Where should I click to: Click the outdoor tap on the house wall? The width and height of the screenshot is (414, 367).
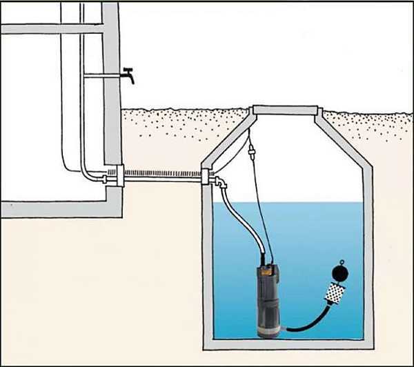coord(128,74)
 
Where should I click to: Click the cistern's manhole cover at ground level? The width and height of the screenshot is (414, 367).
coord(286,110)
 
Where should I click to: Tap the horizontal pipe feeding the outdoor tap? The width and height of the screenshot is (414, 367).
coord(103,77)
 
